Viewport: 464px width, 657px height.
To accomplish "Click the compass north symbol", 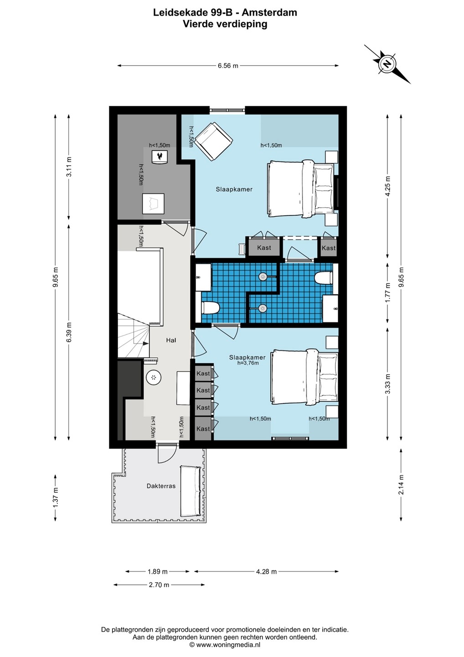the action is pyautogui.click(x=387, y=64).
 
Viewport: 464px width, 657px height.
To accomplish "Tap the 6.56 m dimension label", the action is pyautogui.click(x=228, y=66).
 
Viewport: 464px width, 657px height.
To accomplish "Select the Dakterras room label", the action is pyautogui.click(x=161, y=486).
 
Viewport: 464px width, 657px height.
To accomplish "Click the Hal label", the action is pyautogui.click(x=171, y=340).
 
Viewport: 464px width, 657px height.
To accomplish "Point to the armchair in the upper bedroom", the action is pyautogui.click(x=214, y=141).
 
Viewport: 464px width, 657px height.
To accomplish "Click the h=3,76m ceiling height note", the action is pyautogui.click(x=248, y=363).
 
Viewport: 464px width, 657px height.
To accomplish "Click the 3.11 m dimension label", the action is pyautogui.click(x=69, y=167).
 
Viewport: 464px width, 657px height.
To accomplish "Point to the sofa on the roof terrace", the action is pyautogui.click(x=191, y=491).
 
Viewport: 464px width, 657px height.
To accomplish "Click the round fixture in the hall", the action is pyautogui.click(x=154, y=377).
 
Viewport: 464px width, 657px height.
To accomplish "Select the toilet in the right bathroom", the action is pyautogui.click(x=324, y=277).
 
